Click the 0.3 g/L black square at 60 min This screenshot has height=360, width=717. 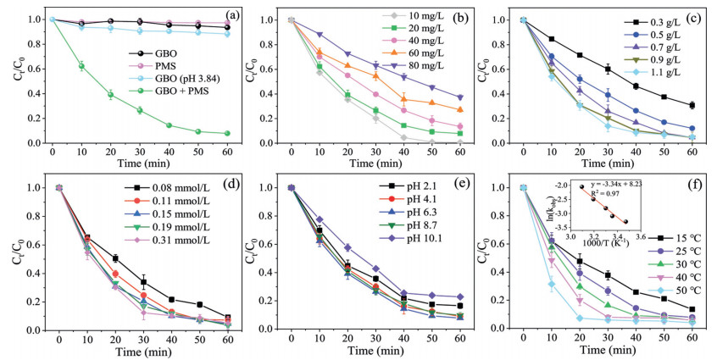pos(692,106)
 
